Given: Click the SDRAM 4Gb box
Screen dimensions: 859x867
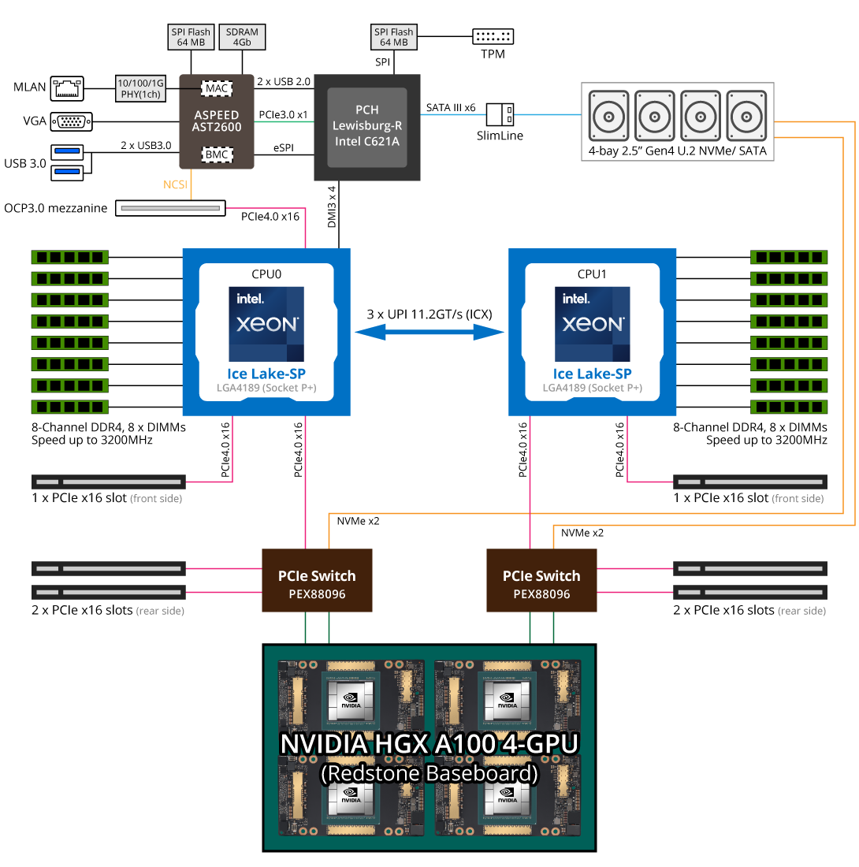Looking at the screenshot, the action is tap(242, 37).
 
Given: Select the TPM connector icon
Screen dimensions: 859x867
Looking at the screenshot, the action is tap(493, 36).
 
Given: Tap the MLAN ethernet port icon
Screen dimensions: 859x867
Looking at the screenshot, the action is tap(67, 88).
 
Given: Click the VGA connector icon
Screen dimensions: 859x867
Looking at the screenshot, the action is tap(71, 121).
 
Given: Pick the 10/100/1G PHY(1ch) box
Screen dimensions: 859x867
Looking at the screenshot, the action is tap(140, 88).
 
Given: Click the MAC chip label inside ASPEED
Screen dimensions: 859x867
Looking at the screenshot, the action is tap(217, 88).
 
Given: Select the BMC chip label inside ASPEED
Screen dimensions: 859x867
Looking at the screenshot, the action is tap(217, 154).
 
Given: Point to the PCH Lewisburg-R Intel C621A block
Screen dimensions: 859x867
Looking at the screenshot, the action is tap(367, 127).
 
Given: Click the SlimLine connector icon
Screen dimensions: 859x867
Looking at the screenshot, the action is tap(500, 115).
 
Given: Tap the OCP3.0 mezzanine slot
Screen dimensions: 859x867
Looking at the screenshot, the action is tap(170, 208).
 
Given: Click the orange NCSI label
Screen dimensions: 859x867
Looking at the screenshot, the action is tap(175, 184).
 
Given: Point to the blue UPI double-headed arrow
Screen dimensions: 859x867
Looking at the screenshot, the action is tap(429, 332).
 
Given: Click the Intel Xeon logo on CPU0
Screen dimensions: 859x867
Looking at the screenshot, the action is tap(266, 324).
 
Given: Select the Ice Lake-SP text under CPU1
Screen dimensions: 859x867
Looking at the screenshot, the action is tap(592, 374).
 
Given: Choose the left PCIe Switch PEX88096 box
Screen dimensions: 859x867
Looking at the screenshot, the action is tap(317, 580).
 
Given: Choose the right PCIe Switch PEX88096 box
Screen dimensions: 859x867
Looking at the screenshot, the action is tap(541, 580).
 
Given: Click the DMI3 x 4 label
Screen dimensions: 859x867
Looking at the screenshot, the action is tap(332, 207).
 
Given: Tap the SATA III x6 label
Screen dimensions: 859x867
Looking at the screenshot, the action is tap(451, 108).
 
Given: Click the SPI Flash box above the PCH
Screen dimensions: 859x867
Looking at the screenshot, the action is tap(393, 37).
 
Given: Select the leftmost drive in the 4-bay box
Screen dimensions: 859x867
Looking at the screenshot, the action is tap(608, 116).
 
